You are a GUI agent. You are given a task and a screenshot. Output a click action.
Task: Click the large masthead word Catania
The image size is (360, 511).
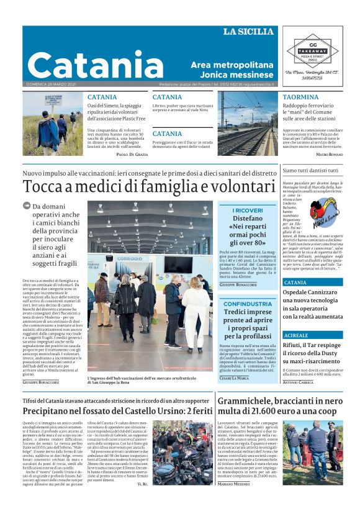[x=95, y=64]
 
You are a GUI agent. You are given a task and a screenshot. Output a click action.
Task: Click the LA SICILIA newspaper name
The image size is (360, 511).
[x=248, y=32]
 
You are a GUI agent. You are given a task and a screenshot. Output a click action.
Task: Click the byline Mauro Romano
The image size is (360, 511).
[x=329, y=154]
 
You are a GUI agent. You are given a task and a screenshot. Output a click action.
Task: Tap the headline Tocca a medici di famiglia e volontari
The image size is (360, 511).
[x=149, y=186]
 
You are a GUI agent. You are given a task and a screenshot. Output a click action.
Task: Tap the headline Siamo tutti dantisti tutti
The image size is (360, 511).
[x=310, y=170]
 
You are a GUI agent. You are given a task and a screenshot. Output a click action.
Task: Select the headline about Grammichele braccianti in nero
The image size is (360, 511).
[x=279, y=406]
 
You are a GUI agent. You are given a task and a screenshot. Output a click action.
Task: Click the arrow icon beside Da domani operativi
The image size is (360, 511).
[x=27, y=206]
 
